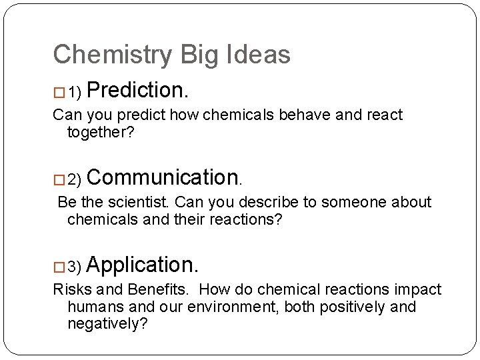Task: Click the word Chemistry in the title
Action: (111, 55)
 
